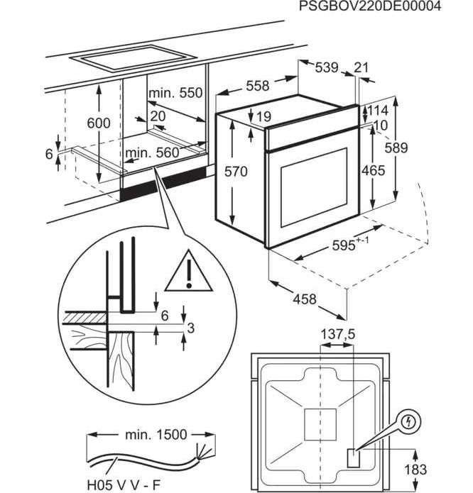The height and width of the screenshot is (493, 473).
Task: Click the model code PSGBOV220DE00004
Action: (370, 6)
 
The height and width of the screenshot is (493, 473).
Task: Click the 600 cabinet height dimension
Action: (99, 123)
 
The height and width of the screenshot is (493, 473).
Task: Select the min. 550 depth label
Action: (175, 93)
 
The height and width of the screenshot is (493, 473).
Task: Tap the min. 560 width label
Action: (152, 153)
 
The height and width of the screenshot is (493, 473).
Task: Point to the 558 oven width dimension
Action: (258, 86)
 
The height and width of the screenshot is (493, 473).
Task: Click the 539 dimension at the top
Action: (327, 67)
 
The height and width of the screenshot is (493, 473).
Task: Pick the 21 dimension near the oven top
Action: (361, 67)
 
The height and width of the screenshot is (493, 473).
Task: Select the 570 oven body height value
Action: (236, 172)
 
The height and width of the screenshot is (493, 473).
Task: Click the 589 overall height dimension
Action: (396, 148)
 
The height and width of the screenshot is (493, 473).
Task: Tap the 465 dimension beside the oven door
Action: (374, 170)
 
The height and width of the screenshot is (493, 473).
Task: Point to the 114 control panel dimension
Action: (378, 111)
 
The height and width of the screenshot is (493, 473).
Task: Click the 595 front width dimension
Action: (350, 245)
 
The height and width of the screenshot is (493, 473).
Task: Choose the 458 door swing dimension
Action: (305, 299)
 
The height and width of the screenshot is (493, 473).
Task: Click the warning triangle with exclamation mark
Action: (188, 271)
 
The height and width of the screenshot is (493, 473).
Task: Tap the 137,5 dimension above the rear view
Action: (337, 335)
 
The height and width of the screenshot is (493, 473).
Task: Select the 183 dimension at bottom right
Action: (415, 470)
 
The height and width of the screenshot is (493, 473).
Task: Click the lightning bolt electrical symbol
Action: (409, 422)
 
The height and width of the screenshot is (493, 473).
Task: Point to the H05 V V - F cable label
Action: (124, 484)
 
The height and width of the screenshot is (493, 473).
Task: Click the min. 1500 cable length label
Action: (156, 435)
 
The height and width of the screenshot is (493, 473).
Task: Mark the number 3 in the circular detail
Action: (191, 328)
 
